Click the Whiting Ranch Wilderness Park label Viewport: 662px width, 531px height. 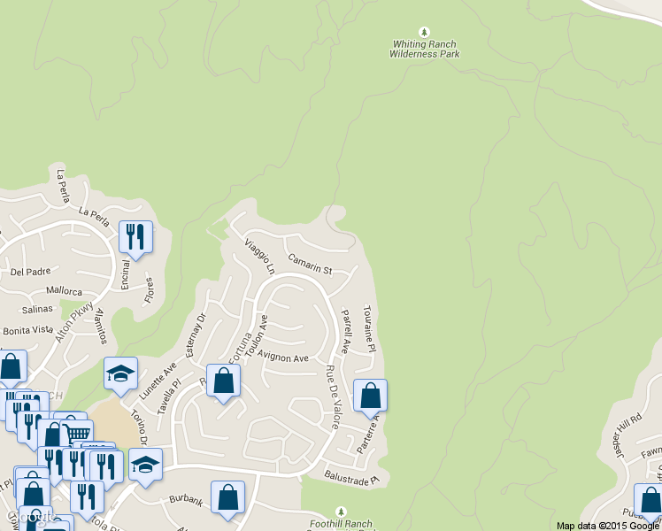[425, 49]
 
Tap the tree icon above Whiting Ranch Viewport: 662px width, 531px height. [425, 33]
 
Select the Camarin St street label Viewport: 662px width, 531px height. [310, 264]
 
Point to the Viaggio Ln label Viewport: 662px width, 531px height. [260, 255]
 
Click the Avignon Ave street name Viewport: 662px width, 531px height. [282, 358]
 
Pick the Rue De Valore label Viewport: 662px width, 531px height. [332, 397]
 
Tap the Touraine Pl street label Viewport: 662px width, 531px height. [369, 329]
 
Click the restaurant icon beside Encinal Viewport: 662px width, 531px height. [135, 236]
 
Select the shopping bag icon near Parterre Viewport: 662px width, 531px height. [370, 395]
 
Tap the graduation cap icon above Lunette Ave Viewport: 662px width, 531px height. [120, 373]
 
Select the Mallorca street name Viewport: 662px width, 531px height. [64, 291]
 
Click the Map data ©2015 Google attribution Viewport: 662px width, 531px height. [608, 526]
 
